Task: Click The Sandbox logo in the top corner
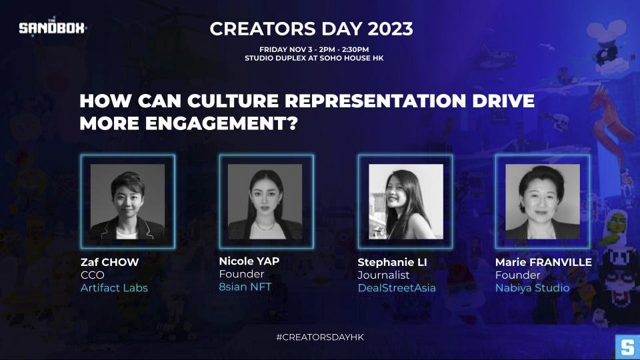pyautogui.click(x=53, y=28)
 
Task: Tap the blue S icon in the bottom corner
pyautogui.click(x=627, y=347)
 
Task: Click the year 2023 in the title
pyautogui.click(x=387, y=29)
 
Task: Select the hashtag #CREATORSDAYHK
pyautogui.click(x=320, y=338)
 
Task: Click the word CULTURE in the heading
pyautogui.click(x=217, y=103)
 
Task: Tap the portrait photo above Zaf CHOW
pyautogui.click(x=127, y=202)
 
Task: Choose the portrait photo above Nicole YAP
pyautogui.click(x=265, y=202)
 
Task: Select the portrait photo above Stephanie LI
pyautogui.click(x=405, y=202)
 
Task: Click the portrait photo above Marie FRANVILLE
pyautogui.click(x=542, y=202)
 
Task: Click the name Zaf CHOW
pyautogui.click(x=110, y=262)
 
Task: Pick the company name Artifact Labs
pyautogui.click(x=115, y=288)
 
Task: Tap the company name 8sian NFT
pyautogui.click(x=245, y=287)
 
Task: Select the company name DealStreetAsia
pyautogui.click(x=397, y=288)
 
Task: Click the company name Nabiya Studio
pyautogui.click(x=533, y=288)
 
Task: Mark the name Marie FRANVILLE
pyautogui.click(x=543, y=262)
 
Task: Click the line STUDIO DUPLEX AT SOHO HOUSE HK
pyautogui.click(x=314, y=58)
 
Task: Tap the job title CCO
pyautogui.click(x=93, y=275)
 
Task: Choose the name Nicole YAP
pyautogui.click(x=249, y=261)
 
